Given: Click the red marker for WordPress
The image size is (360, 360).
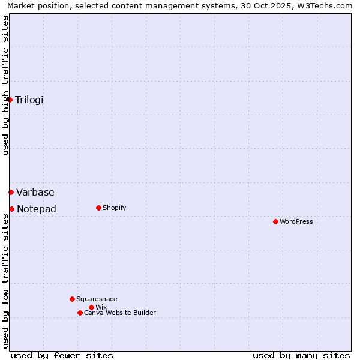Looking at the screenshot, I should click(x=275, y=221).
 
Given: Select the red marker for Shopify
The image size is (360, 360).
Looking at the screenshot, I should click(x=98, y=208).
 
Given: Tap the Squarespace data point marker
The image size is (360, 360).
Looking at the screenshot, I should click(x=72, y=299).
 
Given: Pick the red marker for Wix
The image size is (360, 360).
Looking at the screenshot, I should click(x=91, y=307).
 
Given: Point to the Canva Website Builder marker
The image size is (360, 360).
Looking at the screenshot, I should click(x=80, y=313).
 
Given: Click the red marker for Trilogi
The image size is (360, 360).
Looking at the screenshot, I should click(x=10, y=100).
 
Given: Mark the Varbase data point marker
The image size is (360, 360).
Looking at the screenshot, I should click(x=11, y=192).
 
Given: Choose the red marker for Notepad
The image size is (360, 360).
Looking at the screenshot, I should click(x=11, y=209).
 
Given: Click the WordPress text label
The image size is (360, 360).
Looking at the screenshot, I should click(x=296, y=221).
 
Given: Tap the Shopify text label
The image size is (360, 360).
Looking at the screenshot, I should click(x=114, y=208).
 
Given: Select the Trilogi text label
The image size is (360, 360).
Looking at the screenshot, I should click(x=29, y=100).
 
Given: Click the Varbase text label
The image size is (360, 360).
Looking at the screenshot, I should click(x=35, y=192).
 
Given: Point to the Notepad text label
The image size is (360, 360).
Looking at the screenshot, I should click(x=37, y=209).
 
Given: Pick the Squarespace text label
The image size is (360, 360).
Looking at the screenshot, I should click(x=97, y=299).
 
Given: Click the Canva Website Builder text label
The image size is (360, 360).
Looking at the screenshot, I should click(x=120, y=313).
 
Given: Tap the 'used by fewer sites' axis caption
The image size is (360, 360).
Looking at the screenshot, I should click(x=62, y=355).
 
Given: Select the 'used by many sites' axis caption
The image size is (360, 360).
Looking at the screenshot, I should click(x=301, y=355).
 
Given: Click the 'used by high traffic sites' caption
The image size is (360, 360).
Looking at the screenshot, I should click(x=5, y=85).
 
